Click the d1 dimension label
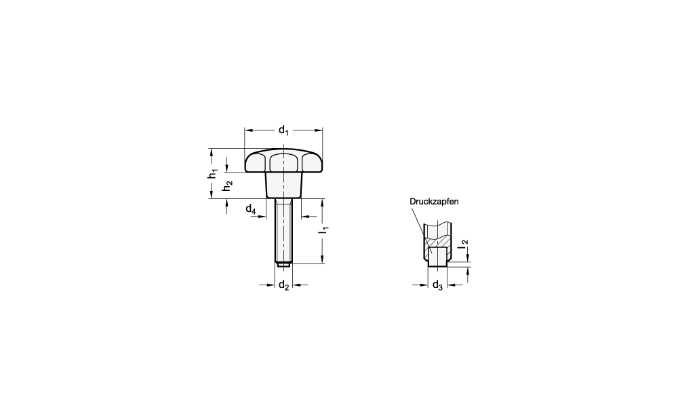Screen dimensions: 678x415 pyautogui.click(x=283, y=130)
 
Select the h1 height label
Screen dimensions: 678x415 pyautogui.click(x=212, y=173)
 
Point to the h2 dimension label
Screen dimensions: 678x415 pyautogui.click(x=227, y=186)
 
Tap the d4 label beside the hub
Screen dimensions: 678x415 pyautogui.click(x=251, y=209)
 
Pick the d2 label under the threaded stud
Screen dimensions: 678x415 pyautogui.click(x=283, y=285)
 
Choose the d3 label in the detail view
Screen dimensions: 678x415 pyautogui.click(x=437, y=285)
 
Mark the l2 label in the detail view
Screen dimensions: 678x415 pyautogui.click(x=463, y=245)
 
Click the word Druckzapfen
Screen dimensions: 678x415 pyautogui.click(x=434, y=202)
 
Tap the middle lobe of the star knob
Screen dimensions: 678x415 pyautogui.click(x=283, y=162)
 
